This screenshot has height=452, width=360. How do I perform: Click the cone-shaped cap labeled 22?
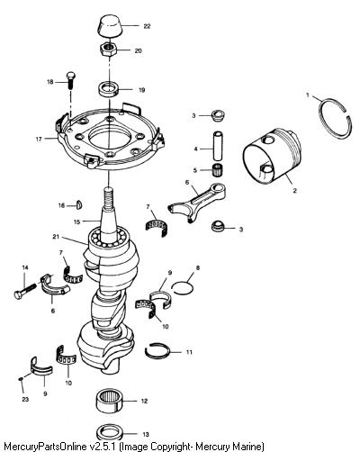[x=109, y=26]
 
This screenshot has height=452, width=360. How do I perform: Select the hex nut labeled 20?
[x=108, y=50]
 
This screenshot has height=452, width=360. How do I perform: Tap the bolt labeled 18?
[x=71, y=80]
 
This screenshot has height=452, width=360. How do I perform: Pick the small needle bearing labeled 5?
[x=218, y=170]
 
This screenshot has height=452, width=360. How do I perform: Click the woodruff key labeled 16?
[x=79, y=204]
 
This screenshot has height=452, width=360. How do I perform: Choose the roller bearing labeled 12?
[x=110, y=402]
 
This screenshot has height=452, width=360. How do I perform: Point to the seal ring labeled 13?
[x=110, y=432]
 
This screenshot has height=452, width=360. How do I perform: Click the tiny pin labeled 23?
[x=21, y=379]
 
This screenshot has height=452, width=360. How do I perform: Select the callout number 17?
[x=39, y=140]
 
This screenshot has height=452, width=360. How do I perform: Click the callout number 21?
[x=56, y=237]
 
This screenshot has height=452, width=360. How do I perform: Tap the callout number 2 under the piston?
[x=294, y=191]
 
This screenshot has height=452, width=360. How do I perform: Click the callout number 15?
[x=77, y=221]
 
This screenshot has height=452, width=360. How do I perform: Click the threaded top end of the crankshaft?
[x=108, y=197]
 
